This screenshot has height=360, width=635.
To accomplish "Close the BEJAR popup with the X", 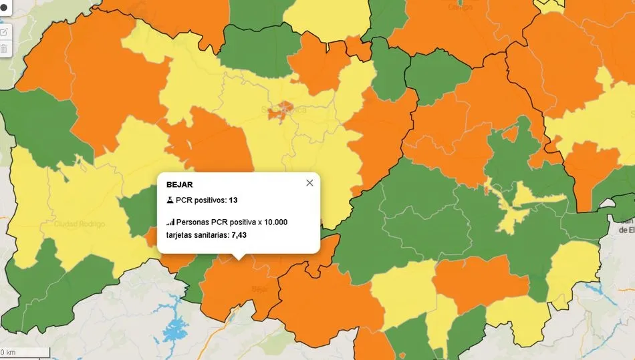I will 309,183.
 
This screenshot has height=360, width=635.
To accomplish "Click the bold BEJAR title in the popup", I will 179,184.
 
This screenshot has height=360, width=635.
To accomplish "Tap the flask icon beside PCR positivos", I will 170,200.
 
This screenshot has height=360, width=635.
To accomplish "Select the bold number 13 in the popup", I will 233,200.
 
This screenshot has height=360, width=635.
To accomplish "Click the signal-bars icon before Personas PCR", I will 170,222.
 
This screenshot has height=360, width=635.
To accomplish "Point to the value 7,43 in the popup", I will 239,235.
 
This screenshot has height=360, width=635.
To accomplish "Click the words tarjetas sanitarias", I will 197,235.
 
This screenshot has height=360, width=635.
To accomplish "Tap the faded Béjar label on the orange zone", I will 259,289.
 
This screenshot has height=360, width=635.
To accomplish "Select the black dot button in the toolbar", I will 3,13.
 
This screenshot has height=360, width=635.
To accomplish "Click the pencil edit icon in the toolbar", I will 3,31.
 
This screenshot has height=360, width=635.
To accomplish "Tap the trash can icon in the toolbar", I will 3,49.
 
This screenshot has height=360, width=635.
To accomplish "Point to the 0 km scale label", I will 8,352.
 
